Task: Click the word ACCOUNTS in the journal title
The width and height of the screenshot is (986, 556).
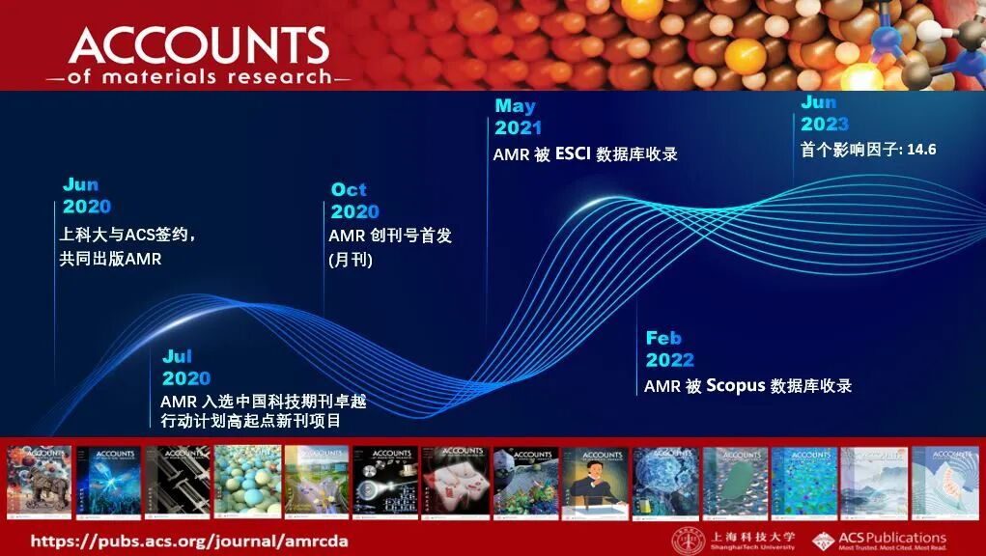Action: [x=199, y=44]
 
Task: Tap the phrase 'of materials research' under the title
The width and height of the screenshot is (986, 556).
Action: [x=198, y=77]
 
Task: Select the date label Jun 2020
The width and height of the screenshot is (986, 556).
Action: [x=86, y=195]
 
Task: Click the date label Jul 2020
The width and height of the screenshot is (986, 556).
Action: [x=185, y=368]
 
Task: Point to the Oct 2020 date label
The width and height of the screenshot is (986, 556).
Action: [x=354, y=201]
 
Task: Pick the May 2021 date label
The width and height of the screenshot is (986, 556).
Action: [x=518, y=116]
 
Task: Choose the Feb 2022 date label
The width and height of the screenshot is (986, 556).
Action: [x=669, y=348]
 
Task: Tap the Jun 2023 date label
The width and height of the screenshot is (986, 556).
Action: [x=824, y=113]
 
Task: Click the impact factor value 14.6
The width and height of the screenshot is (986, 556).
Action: [x=921, y=150]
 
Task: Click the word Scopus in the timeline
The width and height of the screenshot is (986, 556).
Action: [x=736, y=385]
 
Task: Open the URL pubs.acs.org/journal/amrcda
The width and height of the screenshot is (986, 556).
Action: [x=188, y=541]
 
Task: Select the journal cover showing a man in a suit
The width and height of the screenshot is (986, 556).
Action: [x=595, y=479]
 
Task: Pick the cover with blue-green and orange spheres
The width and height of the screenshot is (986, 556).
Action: [x=247, y=479]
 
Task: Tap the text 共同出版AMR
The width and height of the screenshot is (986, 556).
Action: [x=110, y=259]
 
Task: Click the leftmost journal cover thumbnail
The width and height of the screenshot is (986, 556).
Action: [x=40, y=479]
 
